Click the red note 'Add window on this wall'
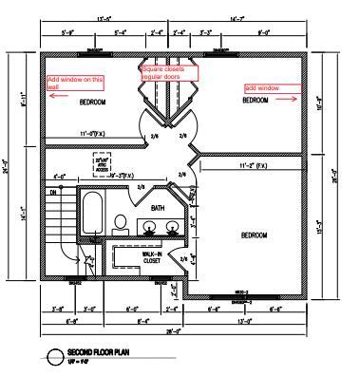pos(74,81)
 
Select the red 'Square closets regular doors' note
pos(169,72)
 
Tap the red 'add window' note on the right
pos(261,87)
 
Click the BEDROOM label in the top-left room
pos(93,102)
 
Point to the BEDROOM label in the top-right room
pos(257,100)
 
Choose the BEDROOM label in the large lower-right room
pos(254,235)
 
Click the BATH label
pos(158,207)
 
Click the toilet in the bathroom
pos(121,224)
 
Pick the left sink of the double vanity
pos(149,226)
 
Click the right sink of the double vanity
pos(172,226)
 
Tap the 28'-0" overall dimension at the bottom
pos(170,331)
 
